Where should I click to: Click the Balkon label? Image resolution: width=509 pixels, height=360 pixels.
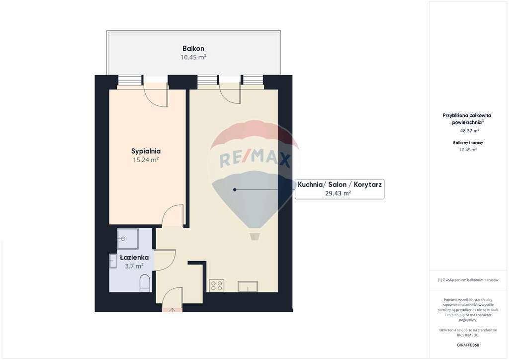(193, 48)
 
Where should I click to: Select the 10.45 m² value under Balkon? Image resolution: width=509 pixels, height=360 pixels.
(193, 57)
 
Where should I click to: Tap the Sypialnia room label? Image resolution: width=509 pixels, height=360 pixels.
(146, 151)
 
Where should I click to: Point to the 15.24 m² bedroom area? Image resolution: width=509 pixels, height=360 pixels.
(146, 160)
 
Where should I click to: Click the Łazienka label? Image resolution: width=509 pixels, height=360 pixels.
(134, 258)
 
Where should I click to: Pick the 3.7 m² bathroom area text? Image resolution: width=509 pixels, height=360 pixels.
(134, 266)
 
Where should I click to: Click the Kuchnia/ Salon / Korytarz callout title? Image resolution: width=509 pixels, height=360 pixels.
(339, 184)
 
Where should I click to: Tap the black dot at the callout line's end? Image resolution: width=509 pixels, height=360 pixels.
(235, 189)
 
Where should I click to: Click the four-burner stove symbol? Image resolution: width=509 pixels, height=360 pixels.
(217, 285)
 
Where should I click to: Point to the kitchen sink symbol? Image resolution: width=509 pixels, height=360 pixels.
(248, 286)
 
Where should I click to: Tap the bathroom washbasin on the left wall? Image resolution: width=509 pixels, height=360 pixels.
(113, 261)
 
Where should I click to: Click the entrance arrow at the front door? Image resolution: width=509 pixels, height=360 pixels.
(172, 310)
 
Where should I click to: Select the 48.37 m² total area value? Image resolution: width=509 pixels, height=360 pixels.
(469, 131)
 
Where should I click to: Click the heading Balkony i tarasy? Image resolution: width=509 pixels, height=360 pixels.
(468, 143)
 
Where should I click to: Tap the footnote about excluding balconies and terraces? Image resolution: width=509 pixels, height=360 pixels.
(468, 280)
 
